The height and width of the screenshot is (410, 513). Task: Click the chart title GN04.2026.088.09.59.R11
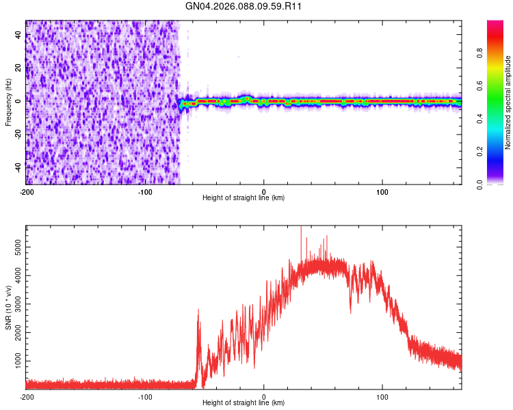tap(244, 6)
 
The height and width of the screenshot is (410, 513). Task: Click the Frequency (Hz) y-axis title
tap(8, 102)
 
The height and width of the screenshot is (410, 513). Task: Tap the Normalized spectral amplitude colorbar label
tap(508, 102)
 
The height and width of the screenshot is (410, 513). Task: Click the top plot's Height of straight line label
tap(244, 197)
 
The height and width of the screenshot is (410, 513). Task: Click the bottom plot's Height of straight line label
tap(244, 402)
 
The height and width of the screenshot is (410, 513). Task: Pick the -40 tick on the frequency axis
tap(17, 167)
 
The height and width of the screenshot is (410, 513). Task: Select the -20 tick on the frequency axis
tap(17, 134)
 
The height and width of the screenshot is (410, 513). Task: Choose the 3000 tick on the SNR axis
tap(14, 301)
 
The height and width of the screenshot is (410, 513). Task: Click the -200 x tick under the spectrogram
tap(26, 191)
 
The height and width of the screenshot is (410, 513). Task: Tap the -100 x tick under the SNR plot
tap(145, 396)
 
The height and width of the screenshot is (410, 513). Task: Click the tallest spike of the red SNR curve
tap(301, 228)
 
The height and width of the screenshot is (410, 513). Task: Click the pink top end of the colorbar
tap(495, 25)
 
